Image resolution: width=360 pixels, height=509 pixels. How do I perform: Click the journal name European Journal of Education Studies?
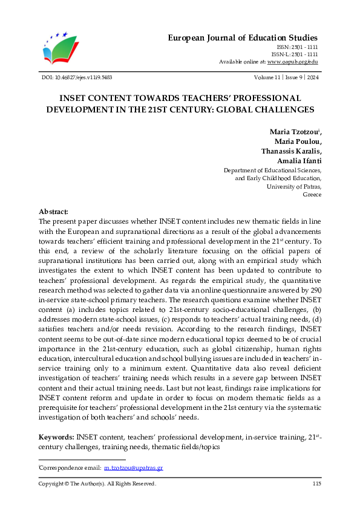tap(242, 38)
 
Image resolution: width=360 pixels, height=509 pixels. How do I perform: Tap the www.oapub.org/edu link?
tap(293, 62)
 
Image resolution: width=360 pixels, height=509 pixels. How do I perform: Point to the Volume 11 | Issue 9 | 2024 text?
tap(287, 77)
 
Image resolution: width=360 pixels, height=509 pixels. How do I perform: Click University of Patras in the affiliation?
tap(294, 187)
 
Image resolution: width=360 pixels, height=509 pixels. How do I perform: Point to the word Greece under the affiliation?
tap(312, 195)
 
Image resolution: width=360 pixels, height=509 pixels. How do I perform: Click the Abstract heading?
tap(54, 212)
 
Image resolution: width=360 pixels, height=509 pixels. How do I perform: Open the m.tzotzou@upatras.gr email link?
tap(134, 468)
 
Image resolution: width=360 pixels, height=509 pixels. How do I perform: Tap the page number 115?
tap(316, 484)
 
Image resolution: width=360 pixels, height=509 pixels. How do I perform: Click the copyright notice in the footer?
tap(97, 484)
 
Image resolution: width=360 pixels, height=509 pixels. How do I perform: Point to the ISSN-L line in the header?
tap(296, 54)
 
